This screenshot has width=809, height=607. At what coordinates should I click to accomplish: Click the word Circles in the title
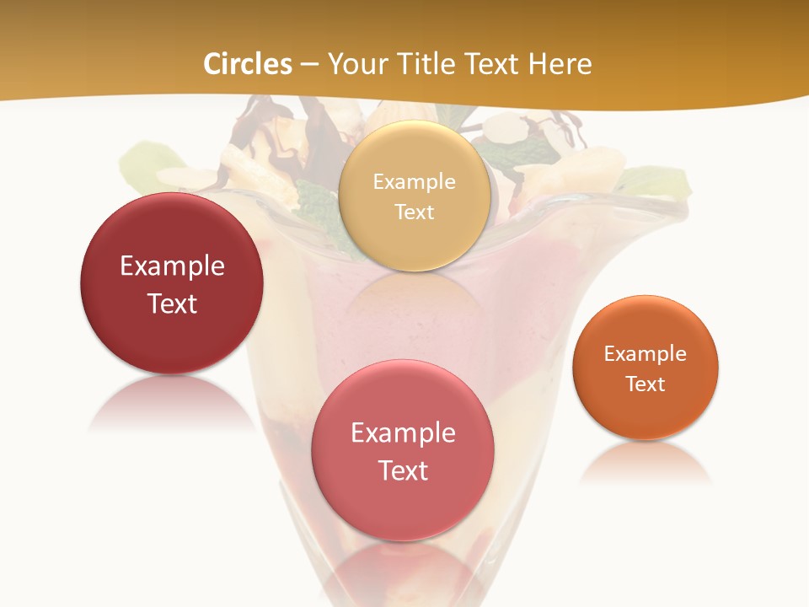[x=248, y=64]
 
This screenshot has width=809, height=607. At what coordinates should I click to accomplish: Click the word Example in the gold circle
[x=414, y=181]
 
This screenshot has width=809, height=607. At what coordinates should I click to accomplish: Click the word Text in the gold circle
[x=414, y=212]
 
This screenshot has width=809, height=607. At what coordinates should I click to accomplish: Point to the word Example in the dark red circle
[x=172, y=266]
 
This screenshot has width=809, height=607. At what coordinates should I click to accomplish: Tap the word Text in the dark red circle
[x=172, y=303]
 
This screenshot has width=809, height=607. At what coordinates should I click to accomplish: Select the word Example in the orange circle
[x=646, y=354]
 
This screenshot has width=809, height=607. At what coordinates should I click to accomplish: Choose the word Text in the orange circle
[x=646, y=384]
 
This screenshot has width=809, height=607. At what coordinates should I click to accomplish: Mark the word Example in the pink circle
[x=403, y=433]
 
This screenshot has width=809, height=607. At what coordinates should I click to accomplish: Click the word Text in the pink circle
[x=403, y=470]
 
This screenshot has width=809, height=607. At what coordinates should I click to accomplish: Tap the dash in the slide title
[x=309, y=64]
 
